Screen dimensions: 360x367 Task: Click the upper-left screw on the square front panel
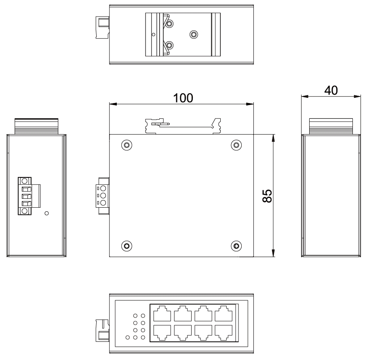(127, 145)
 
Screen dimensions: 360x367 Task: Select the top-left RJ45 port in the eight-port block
(162, 313)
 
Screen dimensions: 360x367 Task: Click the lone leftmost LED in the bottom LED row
(128, 337)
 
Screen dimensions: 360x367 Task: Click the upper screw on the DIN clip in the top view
(170, 25)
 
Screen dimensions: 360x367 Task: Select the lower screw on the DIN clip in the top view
(170, 45)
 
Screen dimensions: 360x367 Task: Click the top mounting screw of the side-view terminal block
(25, 181)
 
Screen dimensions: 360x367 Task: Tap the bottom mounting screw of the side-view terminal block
(25, 211)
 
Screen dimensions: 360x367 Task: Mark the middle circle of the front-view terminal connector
(103, 196)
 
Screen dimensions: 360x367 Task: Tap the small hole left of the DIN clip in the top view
(153, 35)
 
